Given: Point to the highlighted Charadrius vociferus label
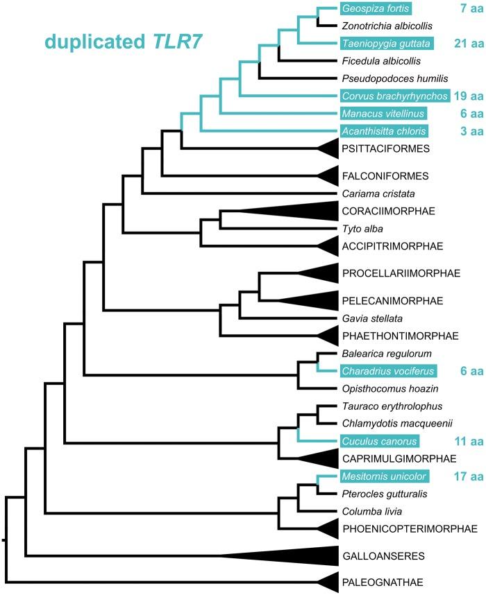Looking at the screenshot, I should pyautogui.click(x=387, y=371).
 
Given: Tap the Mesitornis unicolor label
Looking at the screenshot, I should pyautogui.click(x=384, y=476).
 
